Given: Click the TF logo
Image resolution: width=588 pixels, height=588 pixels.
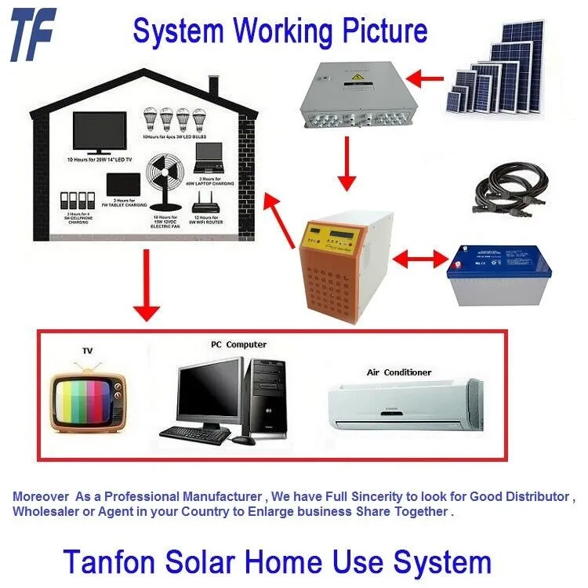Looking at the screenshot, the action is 33,33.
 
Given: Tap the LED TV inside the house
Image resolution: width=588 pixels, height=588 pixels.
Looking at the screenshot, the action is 100,132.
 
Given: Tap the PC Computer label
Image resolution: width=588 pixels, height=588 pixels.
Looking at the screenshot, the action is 238,344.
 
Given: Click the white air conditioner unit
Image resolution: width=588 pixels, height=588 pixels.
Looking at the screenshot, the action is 405,402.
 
